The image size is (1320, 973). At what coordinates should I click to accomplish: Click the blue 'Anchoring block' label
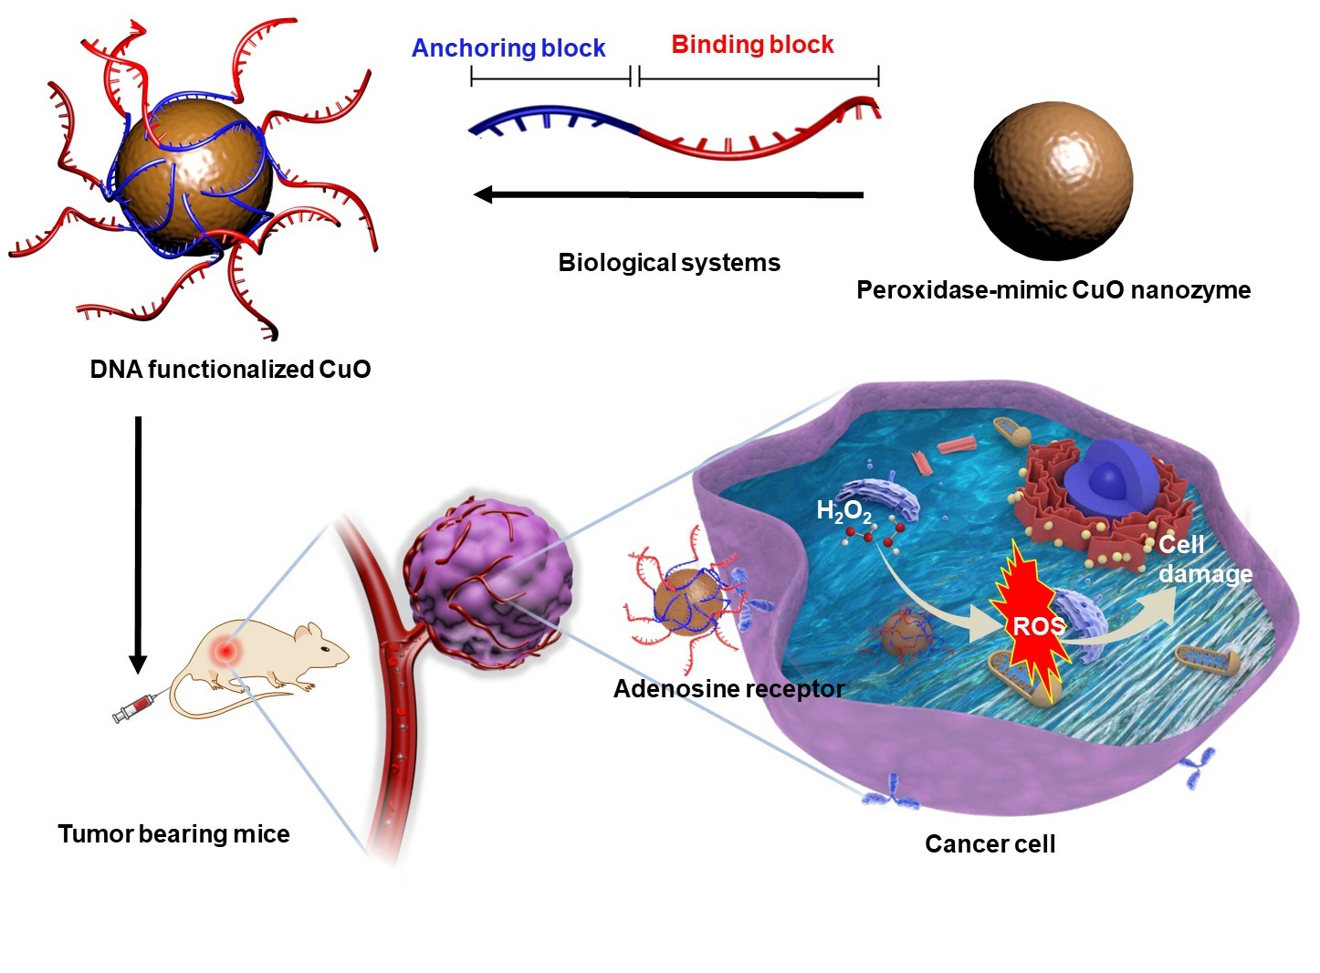508,48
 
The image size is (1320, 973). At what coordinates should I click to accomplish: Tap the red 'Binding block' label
752,45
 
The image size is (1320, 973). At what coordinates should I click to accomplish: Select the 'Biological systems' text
669,263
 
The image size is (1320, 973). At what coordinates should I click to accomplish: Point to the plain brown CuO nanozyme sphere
1053,180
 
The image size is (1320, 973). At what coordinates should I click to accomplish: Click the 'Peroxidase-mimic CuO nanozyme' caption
1053,290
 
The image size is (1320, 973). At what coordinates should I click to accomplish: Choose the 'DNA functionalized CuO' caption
230,370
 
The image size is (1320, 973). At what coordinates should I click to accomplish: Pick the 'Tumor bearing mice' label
173,834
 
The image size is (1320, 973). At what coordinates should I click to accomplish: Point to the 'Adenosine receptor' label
728,689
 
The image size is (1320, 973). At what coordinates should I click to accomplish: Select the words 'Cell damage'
1204,560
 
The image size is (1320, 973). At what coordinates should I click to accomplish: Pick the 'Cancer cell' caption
990,844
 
